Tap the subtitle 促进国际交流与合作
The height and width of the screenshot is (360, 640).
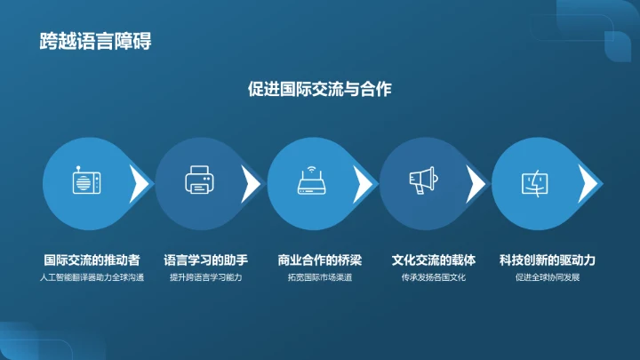click(320, 89)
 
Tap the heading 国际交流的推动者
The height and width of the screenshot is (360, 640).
click(92, 260)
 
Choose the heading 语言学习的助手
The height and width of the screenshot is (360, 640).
click(206, 260)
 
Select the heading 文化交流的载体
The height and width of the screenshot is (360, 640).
click(434, 260)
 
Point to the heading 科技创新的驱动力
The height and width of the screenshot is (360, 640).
click(547, 260)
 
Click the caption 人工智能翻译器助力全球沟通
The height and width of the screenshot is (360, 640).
click(92, 277)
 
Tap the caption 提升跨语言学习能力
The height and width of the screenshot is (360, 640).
click(206, 277)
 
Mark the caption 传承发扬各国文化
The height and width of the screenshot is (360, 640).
click(434, 277)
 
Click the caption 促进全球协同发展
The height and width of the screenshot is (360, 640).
click(547, 277)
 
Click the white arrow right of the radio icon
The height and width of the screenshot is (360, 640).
click(140, 184)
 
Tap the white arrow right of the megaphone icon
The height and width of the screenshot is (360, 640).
click(476, 184)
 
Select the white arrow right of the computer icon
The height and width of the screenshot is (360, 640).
click(588, 184)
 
